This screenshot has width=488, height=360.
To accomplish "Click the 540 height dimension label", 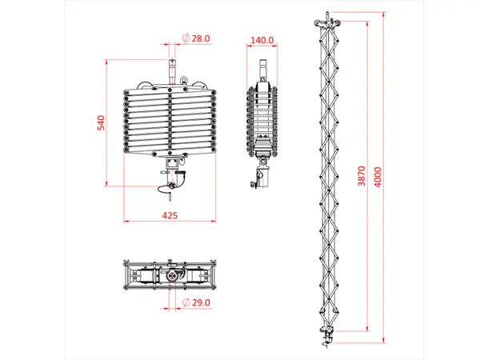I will [102, 123].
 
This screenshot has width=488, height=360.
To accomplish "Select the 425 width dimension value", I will [170, 215].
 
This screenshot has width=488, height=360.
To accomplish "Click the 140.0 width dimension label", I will [262, 39].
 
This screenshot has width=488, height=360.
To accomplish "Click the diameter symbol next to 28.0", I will [185, 38].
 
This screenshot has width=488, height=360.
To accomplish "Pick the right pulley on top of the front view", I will [200, 83].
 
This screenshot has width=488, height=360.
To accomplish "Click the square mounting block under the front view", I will [172, 164].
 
